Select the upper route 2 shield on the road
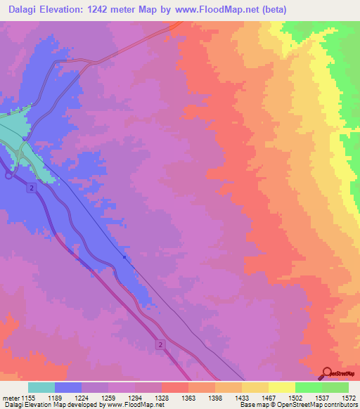click(x=32, y=188)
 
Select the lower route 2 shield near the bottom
click(x=160, y=344)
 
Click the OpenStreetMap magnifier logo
click(x=326, y=373)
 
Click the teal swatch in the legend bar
click(x=41, y=387)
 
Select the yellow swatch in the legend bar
click(x=281, y=387)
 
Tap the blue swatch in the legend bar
click(x=68, y=387)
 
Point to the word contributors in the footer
click(x=339, y=404)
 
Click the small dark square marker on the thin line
click(x=124, y=257)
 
